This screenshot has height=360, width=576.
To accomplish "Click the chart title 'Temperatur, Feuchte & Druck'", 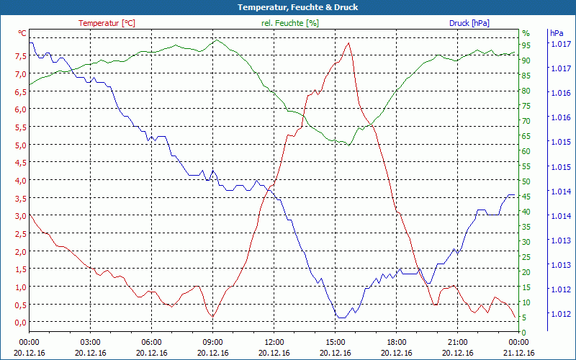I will (287, 7).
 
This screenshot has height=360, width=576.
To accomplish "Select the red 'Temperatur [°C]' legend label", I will (107, 23).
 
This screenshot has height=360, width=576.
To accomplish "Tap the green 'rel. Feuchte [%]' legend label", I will (289, 23).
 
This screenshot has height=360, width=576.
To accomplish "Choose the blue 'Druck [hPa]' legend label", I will (469, 23).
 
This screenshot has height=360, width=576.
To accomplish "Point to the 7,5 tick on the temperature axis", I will (21, 56).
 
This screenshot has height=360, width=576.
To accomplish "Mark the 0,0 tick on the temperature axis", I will (21, 322).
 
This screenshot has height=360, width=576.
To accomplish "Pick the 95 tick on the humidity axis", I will (526, 45).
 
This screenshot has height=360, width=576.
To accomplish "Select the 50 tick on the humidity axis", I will (526, 181).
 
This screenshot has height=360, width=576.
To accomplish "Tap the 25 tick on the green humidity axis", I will (526, 257).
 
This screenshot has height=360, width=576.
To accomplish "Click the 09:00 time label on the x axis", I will (212, 341).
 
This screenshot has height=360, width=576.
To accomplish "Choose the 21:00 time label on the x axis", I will (457, 341).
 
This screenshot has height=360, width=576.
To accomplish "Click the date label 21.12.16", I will (519, 353).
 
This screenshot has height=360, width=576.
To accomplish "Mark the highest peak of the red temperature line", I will (349, 43).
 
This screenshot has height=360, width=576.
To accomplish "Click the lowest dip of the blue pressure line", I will (341, 317).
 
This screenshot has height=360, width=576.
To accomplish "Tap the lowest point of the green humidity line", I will (348, 145).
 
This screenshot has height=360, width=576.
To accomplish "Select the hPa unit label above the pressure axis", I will (557, 33).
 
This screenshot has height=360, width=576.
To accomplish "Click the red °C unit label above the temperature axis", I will (22, 33).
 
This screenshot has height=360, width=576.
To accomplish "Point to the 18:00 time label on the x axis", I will (396, 341).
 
